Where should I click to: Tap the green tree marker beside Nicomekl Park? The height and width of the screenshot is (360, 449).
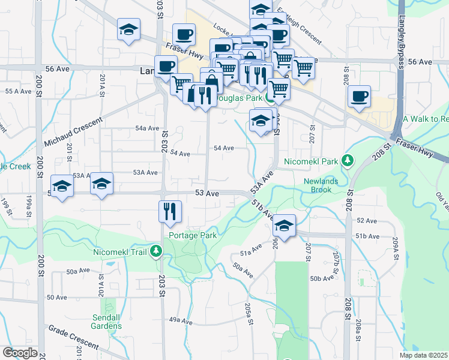346,160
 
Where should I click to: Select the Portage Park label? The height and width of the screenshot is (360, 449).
193,235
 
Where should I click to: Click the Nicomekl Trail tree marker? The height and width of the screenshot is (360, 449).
156,251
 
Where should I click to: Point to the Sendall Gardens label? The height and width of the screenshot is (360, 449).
107,322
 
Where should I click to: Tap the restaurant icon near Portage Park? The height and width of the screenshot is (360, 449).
169,211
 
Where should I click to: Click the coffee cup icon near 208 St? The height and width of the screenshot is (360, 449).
359,97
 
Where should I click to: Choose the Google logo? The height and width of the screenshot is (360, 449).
19,353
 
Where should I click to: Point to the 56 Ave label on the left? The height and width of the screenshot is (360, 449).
58,69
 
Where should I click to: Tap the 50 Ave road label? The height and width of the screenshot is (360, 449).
56,298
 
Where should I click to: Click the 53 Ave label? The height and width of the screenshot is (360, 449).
207,194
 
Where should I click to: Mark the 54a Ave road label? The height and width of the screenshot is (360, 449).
147,128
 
